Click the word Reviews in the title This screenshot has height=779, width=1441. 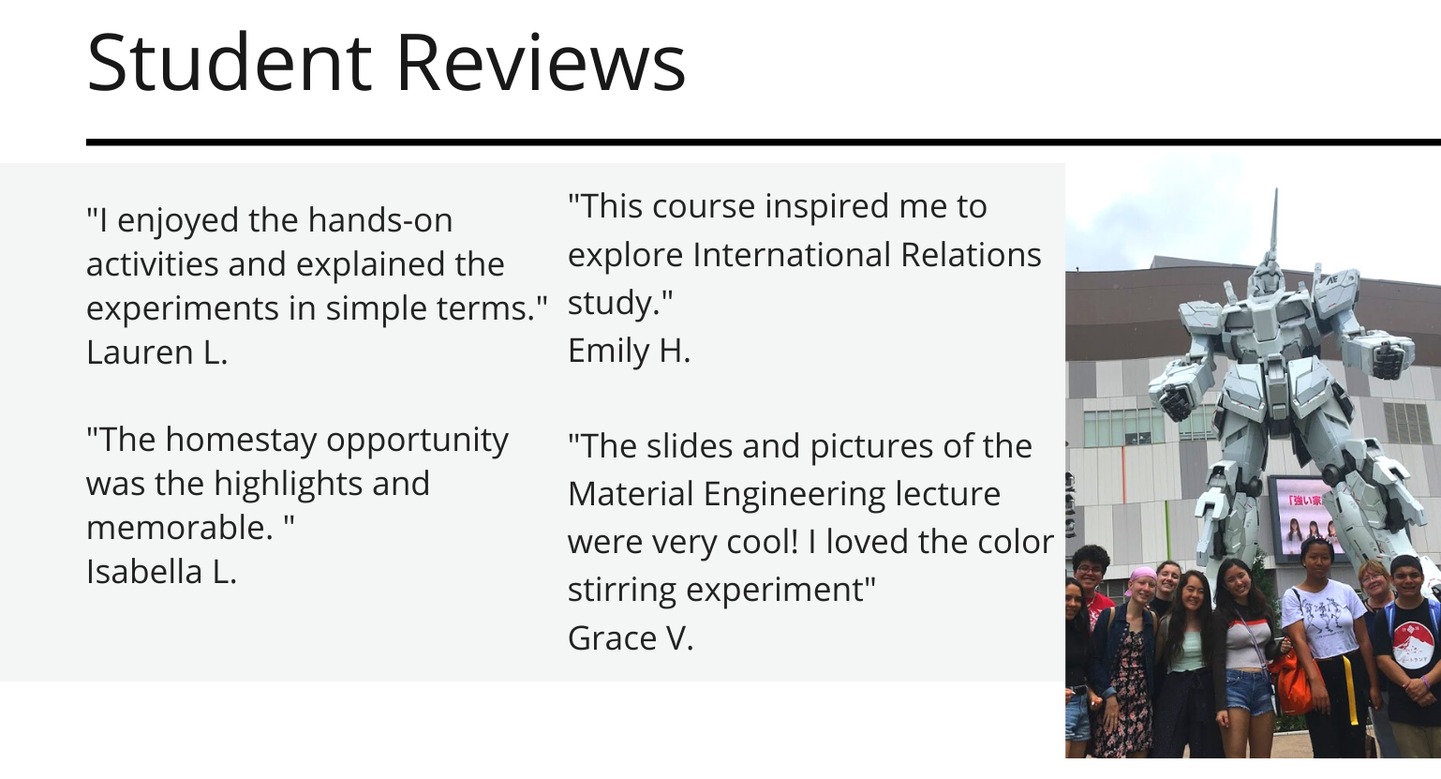click(x=541, y=63)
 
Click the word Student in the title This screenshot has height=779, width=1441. click(x=229, y=63)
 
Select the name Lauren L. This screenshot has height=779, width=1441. click(x=157, y=352)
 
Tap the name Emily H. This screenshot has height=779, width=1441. click(x=630, y=351)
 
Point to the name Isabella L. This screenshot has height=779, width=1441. click(x=161, y=572)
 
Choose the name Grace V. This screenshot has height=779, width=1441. click(x=631, y=638)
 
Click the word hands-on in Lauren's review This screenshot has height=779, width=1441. click(x=380, y=220)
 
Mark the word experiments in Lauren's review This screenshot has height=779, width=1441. click(x=183, y=309)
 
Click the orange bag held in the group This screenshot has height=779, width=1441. click(x=1293, y=682)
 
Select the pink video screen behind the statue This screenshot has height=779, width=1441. click(x=1306, y=518)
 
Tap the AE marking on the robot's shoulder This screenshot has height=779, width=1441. click(x=1331, y=280)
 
